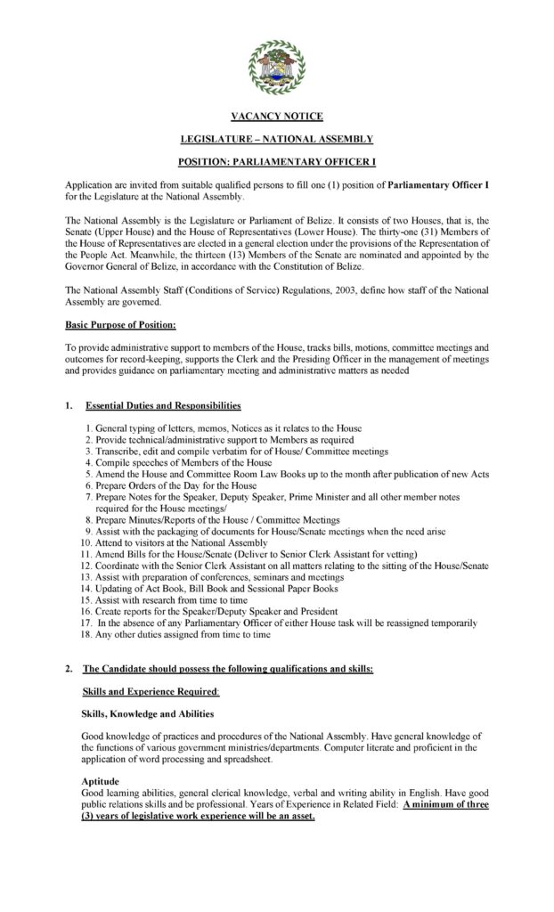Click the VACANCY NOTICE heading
click(x=276, y=117)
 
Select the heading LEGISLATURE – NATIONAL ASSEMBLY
click(x=276, y=140)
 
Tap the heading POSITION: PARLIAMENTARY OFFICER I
click(x=276, y=163)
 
